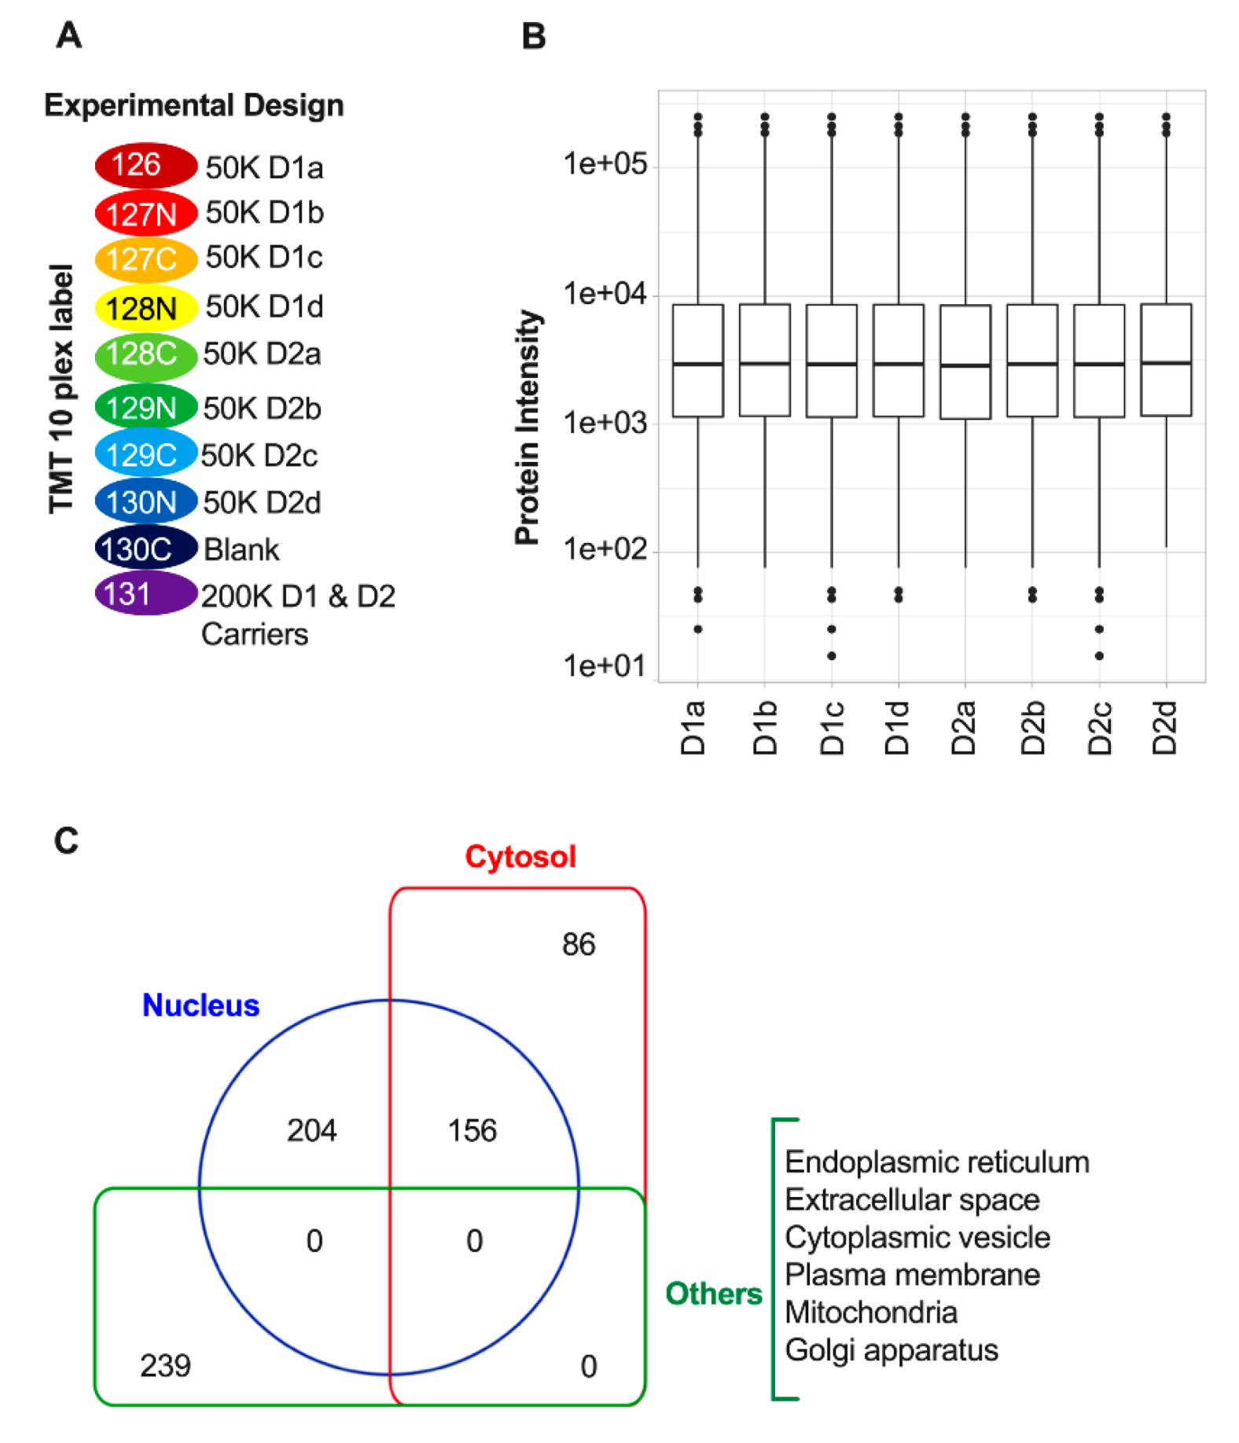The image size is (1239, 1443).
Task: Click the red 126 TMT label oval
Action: (145, 165)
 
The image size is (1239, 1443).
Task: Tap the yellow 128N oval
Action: (145, 308)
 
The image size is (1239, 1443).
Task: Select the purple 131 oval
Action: (145, 593)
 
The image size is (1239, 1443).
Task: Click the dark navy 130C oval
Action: (145, 548)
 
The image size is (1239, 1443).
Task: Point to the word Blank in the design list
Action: (241, 549)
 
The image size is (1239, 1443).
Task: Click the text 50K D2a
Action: (262, 354)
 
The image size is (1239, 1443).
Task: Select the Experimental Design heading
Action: (193, 105)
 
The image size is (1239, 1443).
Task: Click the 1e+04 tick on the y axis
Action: (604, 294)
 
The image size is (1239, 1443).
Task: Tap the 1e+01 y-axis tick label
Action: (604, 666)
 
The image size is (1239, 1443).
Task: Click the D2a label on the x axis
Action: (964, 727)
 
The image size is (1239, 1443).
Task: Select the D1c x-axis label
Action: (831, 727)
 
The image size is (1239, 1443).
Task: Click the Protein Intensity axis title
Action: (528, 427)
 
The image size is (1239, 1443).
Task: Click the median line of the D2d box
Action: (1165, 362)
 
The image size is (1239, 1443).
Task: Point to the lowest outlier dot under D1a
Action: (697, 629)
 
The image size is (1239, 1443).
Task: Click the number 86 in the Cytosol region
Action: (579, 944)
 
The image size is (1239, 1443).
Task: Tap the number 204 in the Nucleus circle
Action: (311, 1130)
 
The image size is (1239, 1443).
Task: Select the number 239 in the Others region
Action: (165, 1365)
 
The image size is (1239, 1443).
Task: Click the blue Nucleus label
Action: (200, 1005)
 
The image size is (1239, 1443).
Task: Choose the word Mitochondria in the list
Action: (870, 1312)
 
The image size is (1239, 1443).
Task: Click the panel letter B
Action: (534, 36)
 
